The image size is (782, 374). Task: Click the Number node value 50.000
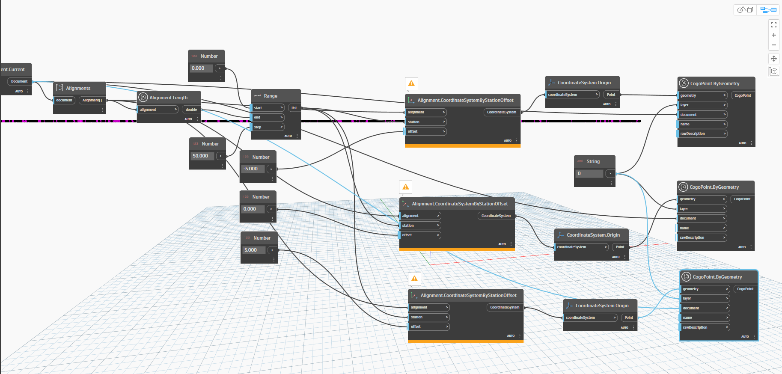click(202, 156)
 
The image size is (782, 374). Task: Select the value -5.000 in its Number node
click(253, 169)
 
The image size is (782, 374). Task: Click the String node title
click(593, 161)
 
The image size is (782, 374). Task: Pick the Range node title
click(271, 96)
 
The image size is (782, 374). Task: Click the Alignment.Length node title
click(168, 98)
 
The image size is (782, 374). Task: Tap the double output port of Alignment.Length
click(191, 110)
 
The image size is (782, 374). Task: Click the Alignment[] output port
click(92, 100)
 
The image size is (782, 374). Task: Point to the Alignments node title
click(78, 88)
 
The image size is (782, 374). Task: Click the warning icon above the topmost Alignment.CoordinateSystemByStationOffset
click(411, 83)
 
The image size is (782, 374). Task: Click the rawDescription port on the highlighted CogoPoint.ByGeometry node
click(705, 327)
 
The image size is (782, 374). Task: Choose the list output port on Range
click(294, 108)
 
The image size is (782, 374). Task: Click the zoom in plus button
click(774, 35)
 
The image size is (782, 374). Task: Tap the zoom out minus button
click(774, 45)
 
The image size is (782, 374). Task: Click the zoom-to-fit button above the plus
click(774, 25)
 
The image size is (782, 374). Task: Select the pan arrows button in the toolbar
click(774, 59)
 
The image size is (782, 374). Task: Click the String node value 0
click(589, 174)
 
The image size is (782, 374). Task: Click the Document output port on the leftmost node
click(19, 81)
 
